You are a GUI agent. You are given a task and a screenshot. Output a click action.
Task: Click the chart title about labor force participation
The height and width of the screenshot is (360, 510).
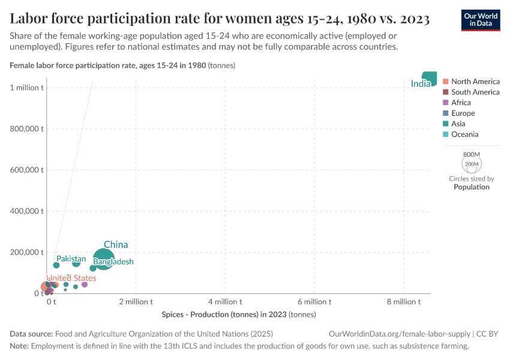(x=220, y=19)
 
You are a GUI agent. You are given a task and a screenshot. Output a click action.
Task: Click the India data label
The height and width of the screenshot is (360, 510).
(x=421, y=84)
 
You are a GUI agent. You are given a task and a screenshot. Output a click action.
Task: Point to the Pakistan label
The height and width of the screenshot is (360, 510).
(x=71, y=259)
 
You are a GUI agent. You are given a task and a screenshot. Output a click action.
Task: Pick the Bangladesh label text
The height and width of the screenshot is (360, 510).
(x=113, y=262)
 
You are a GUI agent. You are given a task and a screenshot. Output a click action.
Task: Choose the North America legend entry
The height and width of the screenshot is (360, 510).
(x=475, y=82)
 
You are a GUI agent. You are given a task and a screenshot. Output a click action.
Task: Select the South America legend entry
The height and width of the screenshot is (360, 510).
(x=475, y=92)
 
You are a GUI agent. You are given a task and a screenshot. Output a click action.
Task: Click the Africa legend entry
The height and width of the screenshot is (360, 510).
(x=461, y=103)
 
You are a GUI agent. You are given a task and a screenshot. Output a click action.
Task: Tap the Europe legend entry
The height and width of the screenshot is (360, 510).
(x=463, y=113)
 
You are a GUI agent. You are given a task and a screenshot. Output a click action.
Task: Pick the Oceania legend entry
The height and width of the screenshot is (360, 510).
(x=464, y=134)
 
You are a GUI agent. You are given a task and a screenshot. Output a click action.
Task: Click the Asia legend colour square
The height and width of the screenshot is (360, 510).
(x=445, y=124)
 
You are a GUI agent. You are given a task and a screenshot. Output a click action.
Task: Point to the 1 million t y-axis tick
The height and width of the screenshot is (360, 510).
(x=26, y=88)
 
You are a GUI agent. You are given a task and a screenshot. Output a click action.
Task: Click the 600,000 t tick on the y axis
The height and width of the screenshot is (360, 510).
(x=27, y=170)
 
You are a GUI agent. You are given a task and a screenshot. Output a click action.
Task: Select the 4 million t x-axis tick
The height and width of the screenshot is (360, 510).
(x=225, y=302)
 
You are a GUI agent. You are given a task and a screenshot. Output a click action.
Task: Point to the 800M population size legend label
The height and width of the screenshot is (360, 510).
(x=472, y=154)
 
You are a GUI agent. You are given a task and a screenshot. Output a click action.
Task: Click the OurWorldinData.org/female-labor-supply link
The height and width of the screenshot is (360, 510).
(x=400, y=334)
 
